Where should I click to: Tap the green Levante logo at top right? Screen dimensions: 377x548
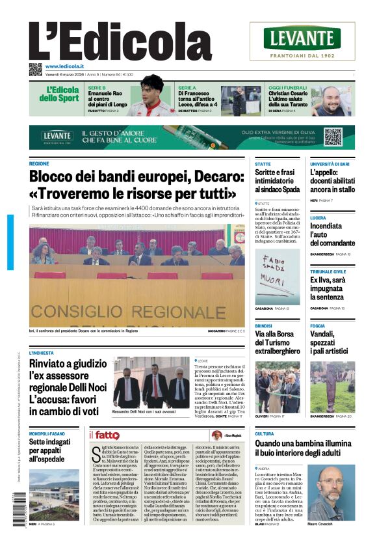(302, 38)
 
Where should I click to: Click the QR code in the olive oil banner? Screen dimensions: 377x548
(333, 137)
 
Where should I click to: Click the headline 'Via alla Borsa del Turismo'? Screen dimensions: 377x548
(277, 342)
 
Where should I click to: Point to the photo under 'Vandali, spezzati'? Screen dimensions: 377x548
(332, 387)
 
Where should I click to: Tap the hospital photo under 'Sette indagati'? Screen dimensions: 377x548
(55, 494)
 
